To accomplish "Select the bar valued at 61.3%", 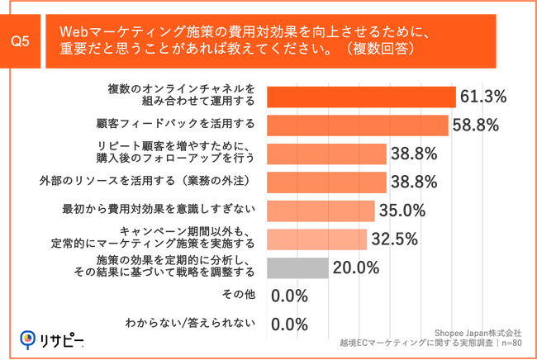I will (x=362, y=97).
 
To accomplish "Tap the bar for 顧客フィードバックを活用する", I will (x=358, y=125).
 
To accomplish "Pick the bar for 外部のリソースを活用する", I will (x=327, y=182).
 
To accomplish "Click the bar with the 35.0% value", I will (x=321, y=211).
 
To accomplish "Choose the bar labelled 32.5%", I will (x=317, y=239).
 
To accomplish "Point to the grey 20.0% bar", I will (x=298, y=267).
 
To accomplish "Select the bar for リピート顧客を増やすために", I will (x=327, y=154).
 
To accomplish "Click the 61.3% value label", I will (x=483, y=97).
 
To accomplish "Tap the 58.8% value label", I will (x=476, y=126).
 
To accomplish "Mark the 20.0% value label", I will (x=355, y=268).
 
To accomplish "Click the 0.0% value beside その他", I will (x=289, y=296).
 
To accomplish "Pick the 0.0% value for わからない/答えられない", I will (x=289, y=324).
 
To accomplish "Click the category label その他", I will (x=240, y=296).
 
